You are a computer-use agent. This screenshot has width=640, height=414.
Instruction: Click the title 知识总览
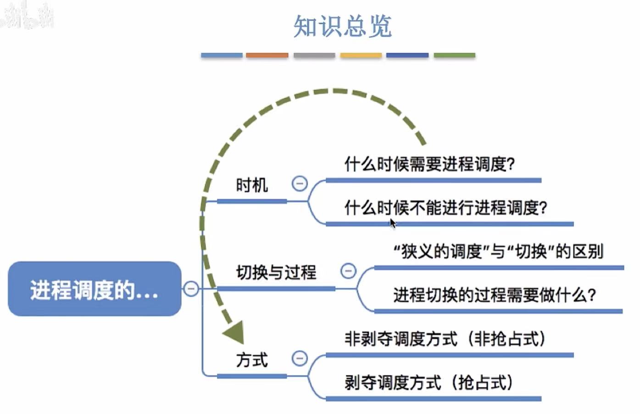click(342, 26)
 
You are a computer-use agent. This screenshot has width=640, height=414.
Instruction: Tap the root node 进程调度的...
click(95, 289)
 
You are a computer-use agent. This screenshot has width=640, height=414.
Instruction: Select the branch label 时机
click(251, 185)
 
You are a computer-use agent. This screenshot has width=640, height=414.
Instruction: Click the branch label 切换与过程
click(276, 272)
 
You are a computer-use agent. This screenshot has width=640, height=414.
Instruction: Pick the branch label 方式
click(251, 360)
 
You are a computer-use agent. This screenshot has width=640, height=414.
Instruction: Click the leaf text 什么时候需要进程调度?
click(429, 164)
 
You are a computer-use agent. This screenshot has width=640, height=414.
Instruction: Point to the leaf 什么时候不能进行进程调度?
click(445, 208)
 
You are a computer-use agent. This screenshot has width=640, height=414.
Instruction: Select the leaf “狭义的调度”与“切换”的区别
click(498, 251)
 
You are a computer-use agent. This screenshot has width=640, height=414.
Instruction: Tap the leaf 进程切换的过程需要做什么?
click(494, 295)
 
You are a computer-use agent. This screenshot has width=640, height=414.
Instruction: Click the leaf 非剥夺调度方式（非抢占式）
click(445, 339)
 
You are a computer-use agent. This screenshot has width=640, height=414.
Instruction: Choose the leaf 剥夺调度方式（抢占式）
click(429, 382)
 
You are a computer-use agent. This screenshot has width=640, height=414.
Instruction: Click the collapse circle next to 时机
click(300, 184)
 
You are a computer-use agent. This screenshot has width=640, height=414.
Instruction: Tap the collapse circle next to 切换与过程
click(348, 271)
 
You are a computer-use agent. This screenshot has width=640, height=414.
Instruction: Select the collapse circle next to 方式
click(300, 358)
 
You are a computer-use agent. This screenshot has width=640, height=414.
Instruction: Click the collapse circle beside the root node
click(191, 288)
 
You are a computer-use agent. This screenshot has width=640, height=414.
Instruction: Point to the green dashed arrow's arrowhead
click(235, 332)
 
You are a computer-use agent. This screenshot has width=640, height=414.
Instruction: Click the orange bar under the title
click(267, 55)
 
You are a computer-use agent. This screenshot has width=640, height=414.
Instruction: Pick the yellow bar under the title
click(361, 55)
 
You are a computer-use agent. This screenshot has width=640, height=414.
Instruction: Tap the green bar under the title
click(454, 55)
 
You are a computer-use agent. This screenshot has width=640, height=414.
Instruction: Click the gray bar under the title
click(314, 55)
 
